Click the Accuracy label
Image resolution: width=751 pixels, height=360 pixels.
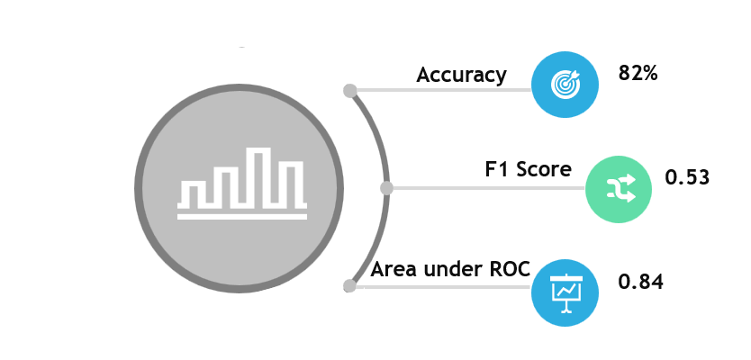coord(461,75)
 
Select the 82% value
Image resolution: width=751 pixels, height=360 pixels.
coord(638,74)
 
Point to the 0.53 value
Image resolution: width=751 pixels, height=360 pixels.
coord(687,177)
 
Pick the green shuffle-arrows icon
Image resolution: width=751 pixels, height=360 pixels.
coord(620,189)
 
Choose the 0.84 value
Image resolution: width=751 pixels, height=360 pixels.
coord(640,282)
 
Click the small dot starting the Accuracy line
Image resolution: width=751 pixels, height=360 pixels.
coord(350,90)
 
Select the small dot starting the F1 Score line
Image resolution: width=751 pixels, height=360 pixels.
coord(387,188)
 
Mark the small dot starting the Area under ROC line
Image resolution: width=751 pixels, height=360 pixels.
coord(349,286)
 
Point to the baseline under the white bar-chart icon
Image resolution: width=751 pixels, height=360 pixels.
coord(241,216)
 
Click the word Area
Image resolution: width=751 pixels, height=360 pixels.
coord(392,268)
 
